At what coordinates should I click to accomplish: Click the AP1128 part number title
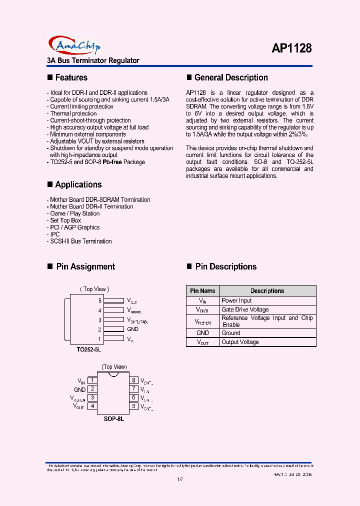(292, 48)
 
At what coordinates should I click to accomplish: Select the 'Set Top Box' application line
(65, 220)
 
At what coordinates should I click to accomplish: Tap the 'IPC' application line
(54, 234)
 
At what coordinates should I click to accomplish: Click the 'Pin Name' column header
(202, 291)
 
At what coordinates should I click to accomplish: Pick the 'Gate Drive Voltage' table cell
(245, 310)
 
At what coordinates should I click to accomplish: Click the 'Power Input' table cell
(236, 300)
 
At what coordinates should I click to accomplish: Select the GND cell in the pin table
(202, 333)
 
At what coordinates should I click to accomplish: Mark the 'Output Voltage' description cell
(240, 342)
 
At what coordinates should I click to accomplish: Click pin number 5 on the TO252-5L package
(100, 300)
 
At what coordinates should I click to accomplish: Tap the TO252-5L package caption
(89, 350)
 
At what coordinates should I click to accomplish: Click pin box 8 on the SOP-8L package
(134, 380)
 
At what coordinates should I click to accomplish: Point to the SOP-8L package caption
(113, 418)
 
